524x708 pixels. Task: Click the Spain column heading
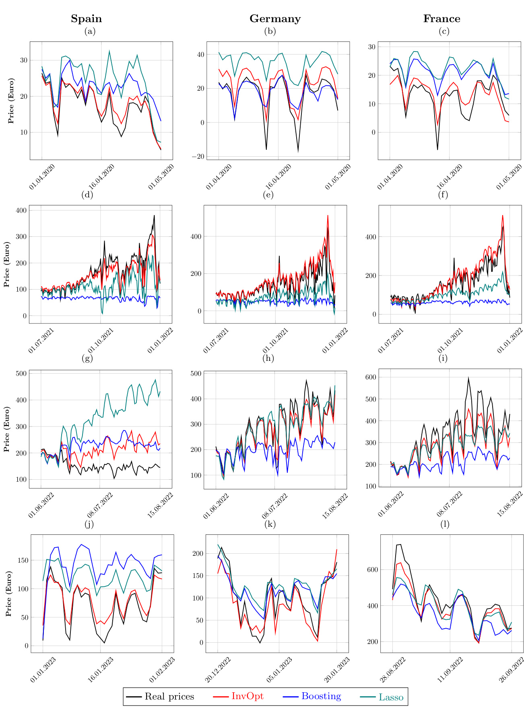click(x=87, y=19)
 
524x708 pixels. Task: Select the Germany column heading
click(x=275, y=19)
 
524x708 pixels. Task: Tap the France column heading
click(x=441, y=19)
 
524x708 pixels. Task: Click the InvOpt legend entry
click(x=247, y=696)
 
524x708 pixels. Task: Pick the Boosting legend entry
click(x=321, y=696)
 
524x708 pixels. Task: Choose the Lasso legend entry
click(x=391, y=697)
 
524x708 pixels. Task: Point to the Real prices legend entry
click(x=169, y=697)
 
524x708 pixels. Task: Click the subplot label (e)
click(x=268, y=195)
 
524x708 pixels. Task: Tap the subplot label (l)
click(x=444, y=524)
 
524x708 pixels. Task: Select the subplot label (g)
click(x=87, y=358)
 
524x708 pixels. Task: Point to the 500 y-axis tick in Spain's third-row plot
click(x=21, y=373)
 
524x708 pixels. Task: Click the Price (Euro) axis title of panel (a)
click(x=11, y=101)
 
